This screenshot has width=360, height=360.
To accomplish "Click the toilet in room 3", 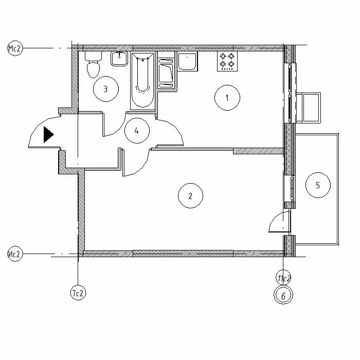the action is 93,64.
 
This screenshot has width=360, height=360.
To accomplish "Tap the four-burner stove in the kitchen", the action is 227,61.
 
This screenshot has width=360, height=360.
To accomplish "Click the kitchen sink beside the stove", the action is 188,62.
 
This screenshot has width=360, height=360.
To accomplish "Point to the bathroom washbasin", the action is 119,59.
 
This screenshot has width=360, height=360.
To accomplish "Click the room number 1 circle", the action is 227,98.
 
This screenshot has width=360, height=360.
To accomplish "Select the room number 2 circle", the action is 191,195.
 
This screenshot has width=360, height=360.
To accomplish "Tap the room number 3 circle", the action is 106,88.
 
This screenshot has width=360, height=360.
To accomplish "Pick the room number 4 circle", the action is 137,131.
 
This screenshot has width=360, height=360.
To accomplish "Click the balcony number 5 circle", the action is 318,185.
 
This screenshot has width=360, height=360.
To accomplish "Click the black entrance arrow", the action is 49,135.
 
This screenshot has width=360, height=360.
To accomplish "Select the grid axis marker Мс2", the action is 15,48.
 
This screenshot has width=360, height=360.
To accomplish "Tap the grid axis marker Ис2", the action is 15,254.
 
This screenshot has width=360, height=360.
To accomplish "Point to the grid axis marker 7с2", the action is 78,293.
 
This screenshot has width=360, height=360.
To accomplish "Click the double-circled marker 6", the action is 283,295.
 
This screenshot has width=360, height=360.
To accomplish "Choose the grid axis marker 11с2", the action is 283,278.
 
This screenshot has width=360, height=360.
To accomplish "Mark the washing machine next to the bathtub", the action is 166,74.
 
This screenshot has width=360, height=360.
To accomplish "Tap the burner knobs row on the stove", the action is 227,69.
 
